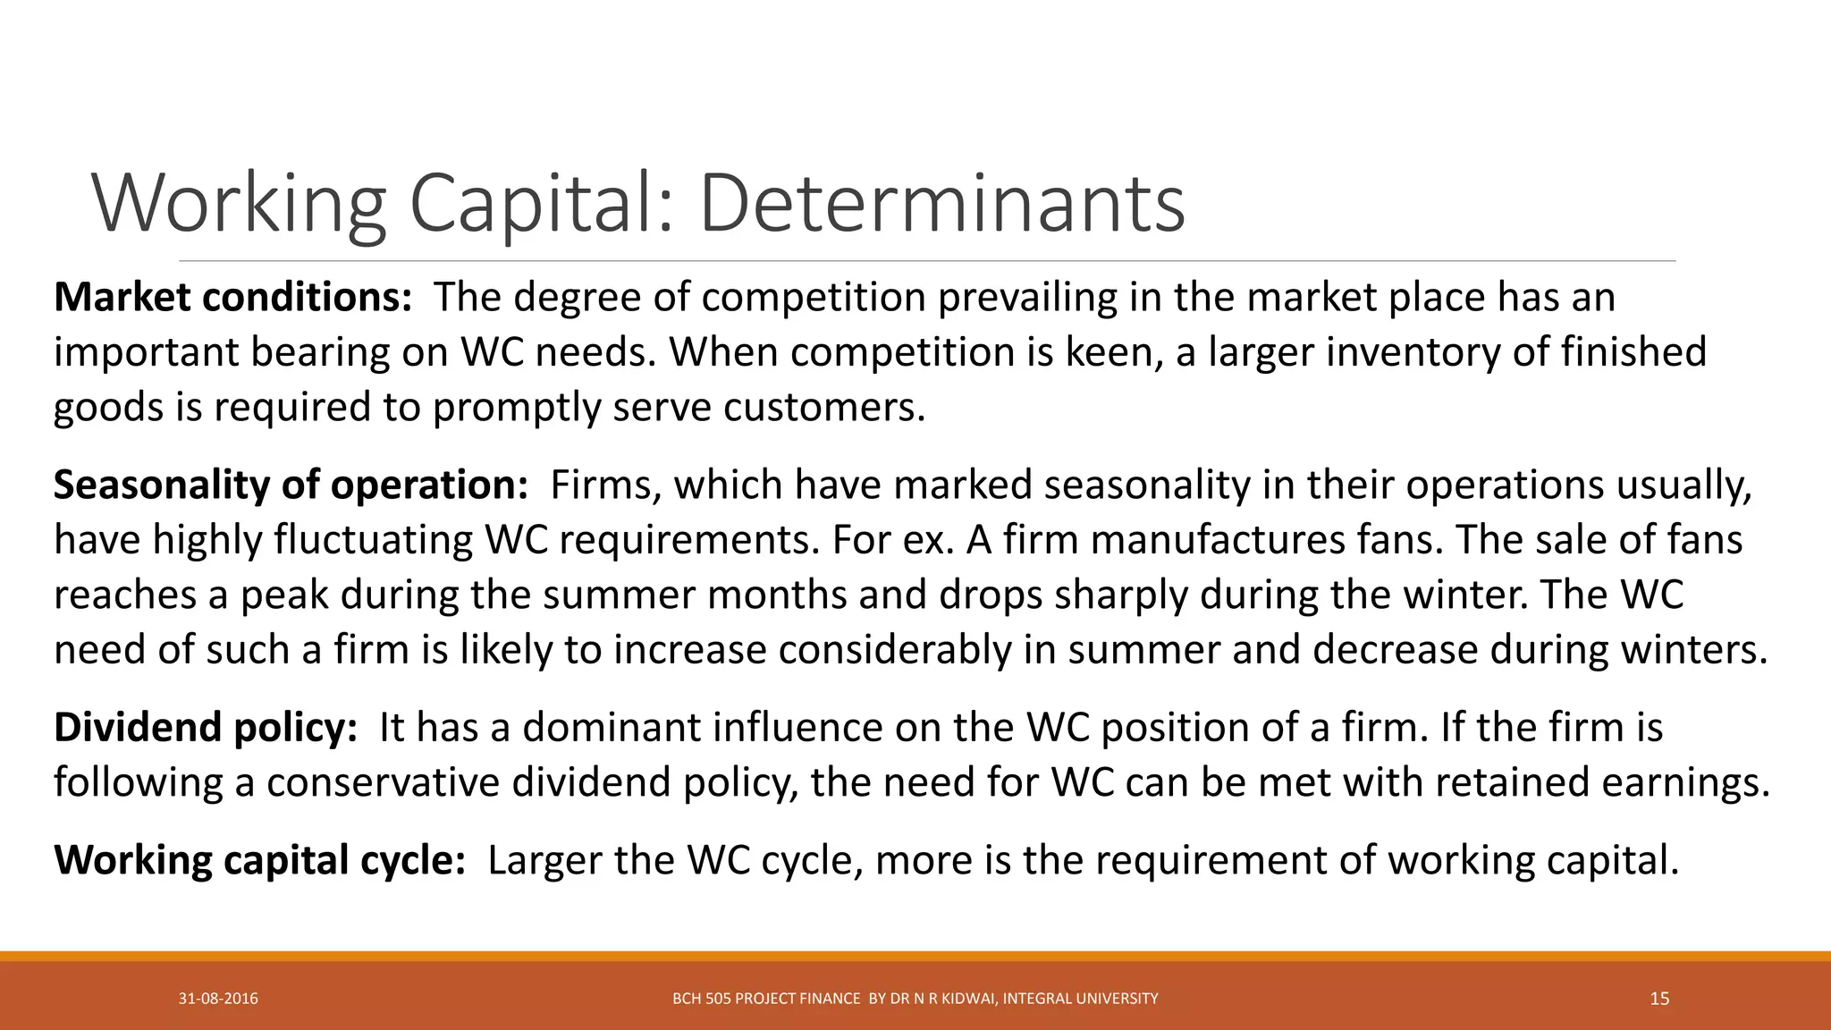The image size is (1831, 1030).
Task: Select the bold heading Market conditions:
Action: click(x=232, y=298)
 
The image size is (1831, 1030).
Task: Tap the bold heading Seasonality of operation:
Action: click(x=291, y=485)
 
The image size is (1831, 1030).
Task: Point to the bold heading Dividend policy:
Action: click(x=206, y=727)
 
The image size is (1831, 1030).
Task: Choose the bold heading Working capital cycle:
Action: click(x=259, y=860)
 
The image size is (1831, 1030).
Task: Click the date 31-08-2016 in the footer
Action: click(x=218, y=999)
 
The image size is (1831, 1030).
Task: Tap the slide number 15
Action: click(x=1659, y=999)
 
